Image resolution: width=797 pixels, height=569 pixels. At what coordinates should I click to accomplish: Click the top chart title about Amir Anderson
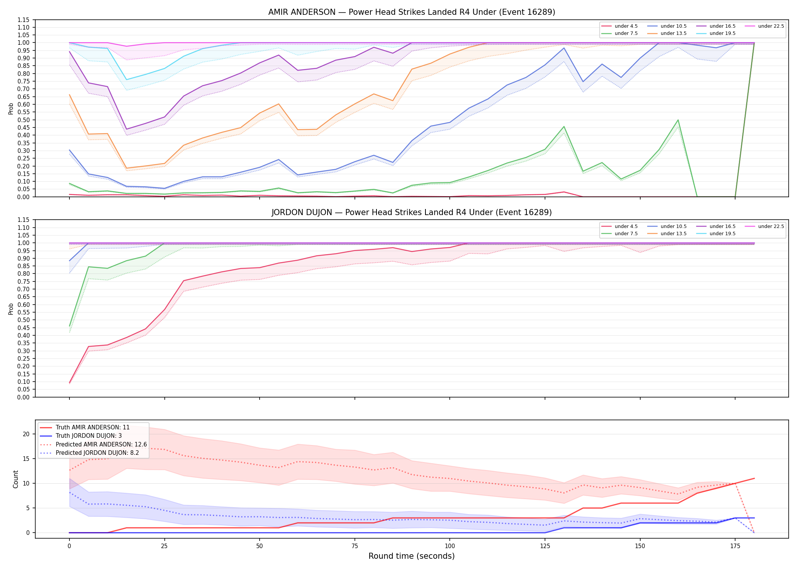tap(411, 12)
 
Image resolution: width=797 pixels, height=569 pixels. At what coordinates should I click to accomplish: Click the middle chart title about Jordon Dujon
tap(411, 212)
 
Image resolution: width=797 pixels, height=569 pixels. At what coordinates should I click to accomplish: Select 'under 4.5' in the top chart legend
tap(626, 26)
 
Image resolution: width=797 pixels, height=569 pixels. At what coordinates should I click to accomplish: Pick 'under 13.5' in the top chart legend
tap(673, 33)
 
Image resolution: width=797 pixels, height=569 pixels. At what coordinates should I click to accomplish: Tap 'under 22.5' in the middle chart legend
tap(771, 226)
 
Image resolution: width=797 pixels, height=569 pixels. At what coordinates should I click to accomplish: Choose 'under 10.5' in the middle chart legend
tap(673, 226)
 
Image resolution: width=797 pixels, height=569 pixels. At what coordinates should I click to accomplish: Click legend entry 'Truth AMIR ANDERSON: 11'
tap(93, 428)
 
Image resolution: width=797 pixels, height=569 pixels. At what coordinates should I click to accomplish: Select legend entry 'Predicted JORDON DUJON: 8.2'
tap(97, 453)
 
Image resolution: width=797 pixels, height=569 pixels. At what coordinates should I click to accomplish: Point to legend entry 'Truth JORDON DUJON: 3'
tap(89, 436)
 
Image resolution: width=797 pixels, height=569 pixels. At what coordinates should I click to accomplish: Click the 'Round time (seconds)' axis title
tap(411, 556)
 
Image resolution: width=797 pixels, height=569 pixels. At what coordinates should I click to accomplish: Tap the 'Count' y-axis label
tap(16, 479)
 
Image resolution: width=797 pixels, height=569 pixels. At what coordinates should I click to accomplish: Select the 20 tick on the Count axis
tap(26, 434)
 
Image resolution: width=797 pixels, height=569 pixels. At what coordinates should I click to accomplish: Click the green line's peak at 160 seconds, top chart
tap(678, 120)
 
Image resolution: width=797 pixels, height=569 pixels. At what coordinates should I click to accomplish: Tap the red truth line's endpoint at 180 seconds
tap(754, 478)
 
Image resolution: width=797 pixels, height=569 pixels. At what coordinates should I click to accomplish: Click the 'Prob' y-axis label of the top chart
tap(11, 108)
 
